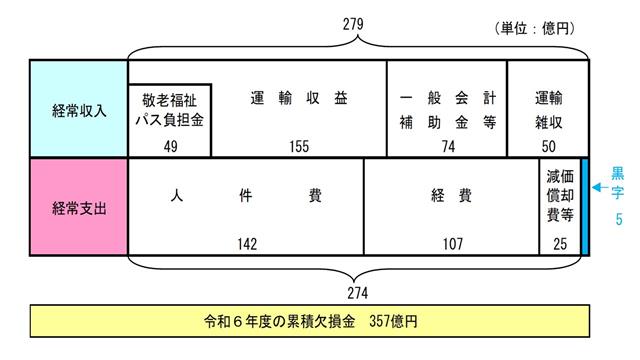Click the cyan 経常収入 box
[x=79, y=108]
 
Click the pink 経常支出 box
[x=79, y=207]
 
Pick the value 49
[x=169, y=145]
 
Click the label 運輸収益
[x=299, y=100]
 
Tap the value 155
[x=299, y=145]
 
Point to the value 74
[x=446, y=145]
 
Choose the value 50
[x=549, y=145]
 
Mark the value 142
[x=245, y=243]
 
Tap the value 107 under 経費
[x=451, y=243]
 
